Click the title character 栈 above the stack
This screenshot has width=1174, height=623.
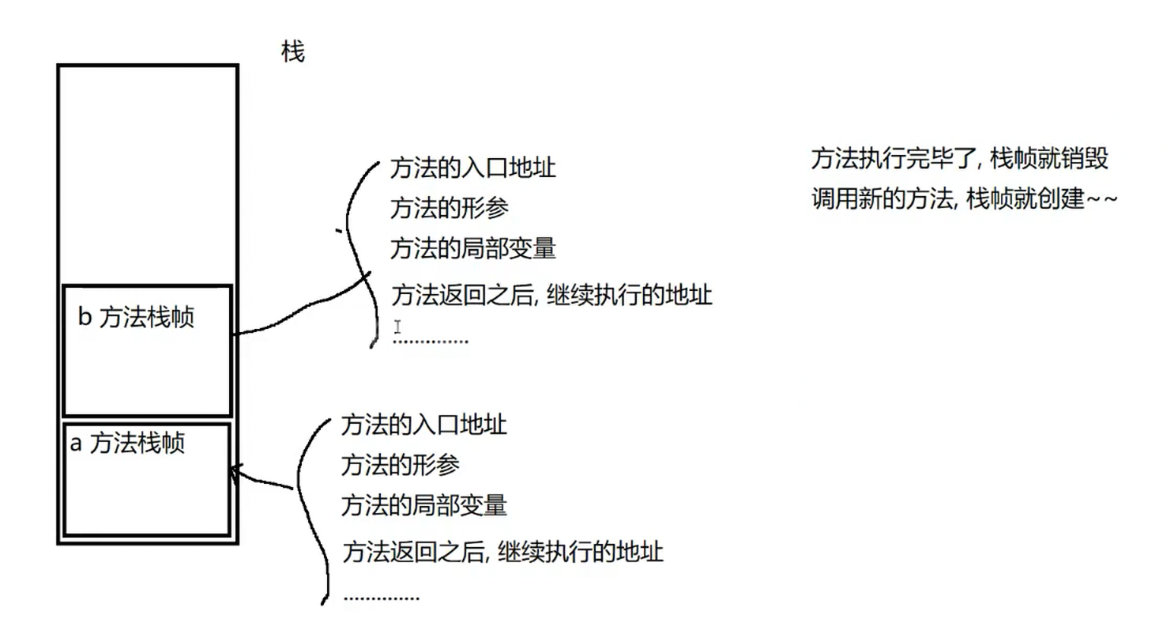[x=292, y=53]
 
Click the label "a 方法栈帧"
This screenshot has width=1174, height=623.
[x=127, y=444]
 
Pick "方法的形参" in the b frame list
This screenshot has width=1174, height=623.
[x=449, y=209]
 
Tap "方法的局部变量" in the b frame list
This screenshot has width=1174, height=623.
[x=473, y=249]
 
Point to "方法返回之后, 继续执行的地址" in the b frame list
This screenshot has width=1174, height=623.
[x=551, y=296]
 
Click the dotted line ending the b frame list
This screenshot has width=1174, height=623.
[x=431, y=342]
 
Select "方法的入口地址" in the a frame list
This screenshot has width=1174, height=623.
[x=423, y=425]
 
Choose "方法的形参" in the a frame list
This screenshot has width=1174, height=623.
[x=400, y=465]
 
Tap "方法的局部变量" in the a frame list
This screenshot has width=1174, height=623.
[x=423, y=504]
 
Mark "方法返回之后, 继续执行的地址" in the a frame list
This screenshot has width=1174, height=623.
[x=502, y=551]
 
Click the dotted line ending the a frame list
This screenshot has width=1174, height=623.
[x=382, y=598]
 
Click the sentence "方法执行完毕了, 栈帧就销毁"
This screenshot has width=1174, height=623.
[x=960, y=159]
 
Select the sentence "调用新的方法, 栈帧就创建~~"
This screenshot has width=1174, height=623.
[x=964, y=199]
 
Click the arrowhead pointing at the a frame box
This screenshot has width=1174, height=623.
[x=233, y=471]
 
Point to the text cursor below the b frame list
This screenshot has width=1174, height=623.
[x=398, y=327]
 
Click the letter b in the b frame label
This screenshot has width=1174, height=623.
[x=85, y=319]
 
